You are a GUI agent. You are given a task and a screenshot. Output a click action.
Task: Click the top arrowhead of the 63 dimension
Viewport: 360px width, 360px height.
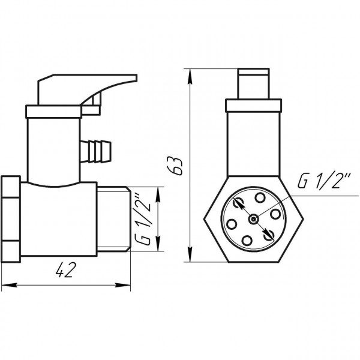tap(191, 72)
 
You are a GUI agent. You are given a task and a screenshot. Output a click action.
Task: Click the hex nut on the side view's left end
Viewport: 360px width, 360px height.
tap(13, 218)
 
